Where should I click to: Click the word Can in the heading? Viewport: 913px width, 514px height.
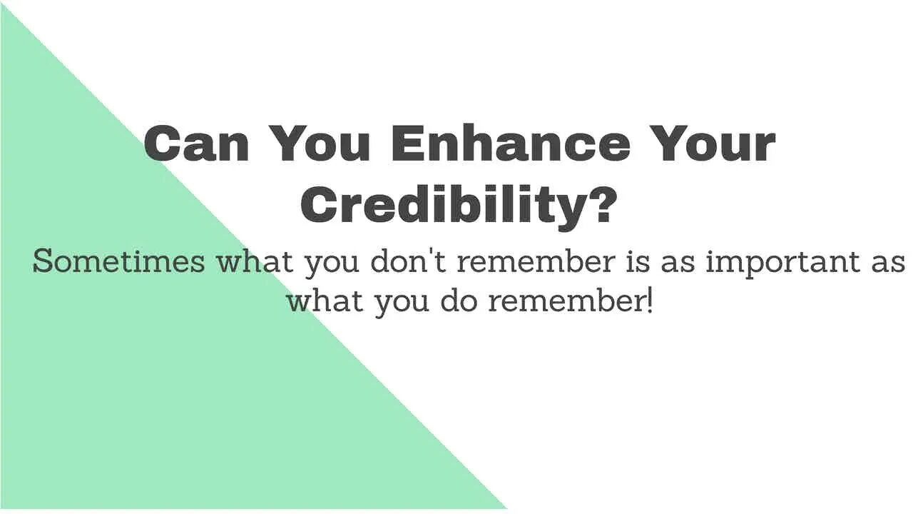(196, 143)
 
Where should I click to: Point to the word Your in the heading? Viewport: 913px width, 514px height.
(713, 143)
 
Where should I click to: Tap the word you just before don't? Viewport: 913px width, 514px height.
(332, 265)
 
